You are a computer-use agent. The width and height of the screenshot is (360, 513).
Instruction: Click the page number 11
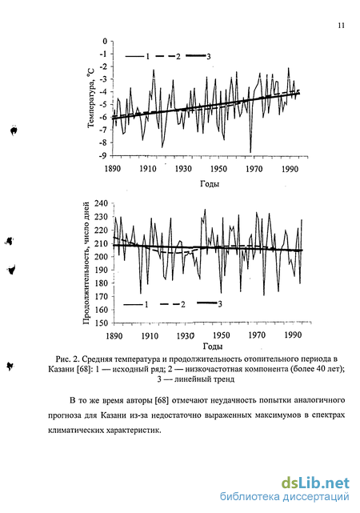point(341,26)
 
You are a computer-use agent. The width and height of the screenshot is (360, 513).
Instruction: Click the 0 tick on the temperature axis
point(105,42)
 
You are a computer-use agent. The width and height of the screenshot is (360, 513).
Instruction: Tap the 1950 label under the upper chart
point(218,169)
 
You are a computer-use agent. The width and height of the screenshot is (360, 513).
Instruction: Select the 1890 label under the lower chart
point(114,336)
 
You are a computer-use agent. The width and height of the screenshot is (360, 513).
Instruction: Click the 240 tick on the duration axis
point(101,203)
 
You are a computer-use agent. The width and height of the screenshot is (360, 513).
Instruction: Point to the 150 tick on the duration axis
point(101,323)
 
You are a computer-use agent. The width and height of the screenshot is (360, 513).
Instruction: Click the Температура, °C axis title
point(91,98)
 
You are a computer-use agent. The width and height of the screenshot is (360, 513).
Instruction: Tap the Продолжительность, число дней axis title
point(86,263)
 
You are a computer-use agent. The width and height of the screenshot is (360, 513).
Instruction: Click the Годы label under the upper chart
point(210,184)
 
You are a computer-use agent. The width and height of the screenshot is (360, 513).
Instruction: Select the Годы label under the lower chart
point(213,347)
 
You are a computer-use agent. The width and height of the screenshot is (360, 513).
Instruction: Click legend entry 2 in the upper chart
point(168,57)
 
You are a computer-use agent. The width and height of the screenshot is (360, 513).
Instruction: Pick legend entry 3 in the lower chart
point(210,304)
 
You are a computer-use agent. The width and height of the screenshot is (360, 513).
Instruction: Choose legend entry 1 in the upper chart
point(138,57)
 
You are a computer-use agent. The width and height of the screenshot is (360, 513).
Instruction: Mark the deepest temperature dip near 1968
point(250,152)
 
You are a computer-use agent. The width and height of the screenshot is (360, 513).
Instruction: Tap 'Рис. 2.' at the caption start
point(67,359)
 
